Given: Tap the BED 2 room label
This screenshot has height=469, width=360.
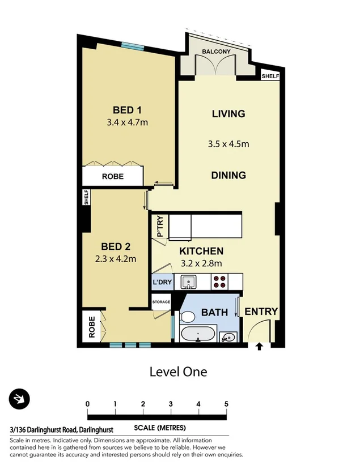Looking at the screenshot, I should (116, 246).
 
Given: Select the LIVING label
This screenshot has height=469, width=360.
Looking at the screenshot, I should (228, 114).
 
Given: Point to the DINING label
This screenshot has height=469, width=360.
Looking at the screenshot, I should (228, 175).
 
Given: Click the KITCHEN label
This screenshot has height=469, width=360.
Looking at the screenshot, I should (201, 251).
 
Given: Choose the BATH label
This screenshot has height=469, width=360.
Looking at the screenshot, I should (214, 312).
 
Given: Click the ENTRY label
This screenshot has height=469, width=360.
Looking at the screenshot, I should (261, 311).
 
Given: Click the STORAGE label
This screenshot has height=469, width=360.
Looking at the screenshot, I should (161, 302).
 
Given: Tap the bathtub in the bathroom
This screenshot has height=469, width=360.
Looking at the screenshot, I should (197, 334).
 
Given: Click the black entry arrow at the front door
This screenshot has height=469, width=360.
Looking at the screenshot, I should (260, 347).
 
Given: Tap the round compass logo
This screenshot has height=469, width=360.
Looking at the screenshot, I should (19, 399).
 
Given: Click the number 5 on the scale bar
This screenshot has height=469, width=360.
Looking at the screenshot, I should (226, 404).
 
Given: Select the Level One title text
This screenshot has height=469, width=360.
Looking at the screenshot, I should (178, 372).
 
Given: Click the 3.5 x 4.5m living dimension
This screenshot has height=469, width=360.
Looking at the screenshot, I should (228, 144).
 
